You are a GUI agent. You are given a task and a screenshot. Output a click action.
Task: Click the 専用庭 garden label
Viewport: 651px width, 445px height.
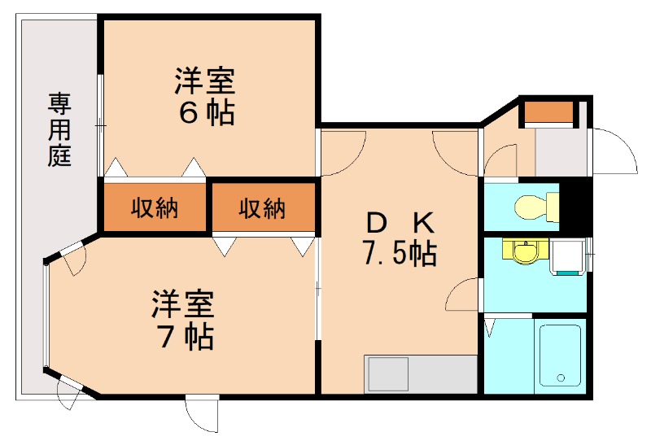click(59, 130)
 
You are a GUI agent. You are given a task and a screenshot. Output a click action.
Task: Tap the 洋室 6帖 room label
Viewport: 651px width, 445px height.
click(205, 96)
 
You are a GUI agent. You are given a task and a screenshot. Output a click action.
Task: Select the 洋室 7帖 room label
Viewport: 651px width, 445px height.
click(182, 320)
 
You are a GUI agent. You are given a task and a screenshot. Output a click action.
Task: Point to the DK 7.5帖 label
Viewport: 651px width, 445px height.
click(400, 238)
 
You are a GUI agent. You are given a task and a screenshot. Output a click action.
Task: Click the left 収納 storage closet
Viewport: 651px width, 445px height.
click(155, 207)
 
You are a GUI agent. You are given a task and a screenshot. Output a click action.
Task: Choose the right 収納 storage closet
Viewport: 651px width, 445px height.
click(263, 207)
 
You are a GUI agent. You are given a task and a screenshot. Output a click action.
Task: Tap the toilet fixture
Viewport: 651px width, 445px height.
click(536, 206)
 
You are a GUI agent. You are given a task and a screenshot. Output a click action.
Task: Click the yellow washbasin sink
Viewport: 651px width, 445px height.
click(526, 251)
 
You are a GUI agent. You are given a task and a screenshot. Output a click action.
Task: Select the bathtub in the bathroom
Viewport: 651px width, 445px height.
click(560, 356)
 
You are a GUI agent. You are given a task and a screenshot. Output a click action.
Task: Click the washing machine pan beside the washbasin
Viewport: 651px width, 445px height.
click(567, 257)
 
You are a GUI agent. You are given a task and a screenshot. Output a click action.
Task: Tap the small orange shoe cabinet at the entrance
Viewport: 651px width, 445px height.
click(548, 112)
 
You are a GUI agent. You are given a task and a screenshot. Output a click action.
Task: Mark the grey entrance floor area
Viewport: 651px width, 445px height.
click(561, 152)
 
